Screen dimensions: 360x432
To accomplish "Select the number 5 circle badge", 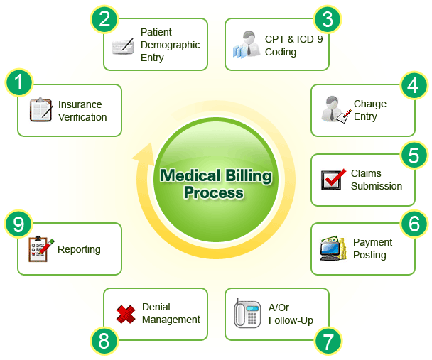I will click(412, 154).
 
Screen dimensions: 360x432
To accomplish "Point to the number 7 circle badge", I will click(326, 342).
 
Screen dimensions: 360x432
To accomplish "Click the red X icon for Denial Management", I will click(126, 314).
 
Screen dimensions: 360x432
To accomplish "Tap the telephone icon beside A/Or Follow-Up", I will click(247, 313).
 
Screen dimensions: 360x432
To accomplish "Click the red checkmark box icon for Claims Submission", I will click(332, 180).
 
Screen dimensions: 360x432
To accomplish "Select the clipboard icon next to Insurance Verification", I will click(40, 110).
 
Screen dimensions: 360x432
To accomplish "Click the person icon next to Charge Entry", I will click(332, 109).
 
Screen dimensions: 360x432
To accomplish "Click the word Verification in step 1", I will click(82, 117).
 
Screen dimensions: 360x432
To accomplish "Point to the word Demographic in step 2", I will click(170, 45).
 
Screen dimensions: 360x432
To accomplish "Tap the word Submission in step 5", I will click(377, 186).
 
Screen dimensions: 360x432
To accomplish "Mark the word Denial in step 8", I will click(156, 307).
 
